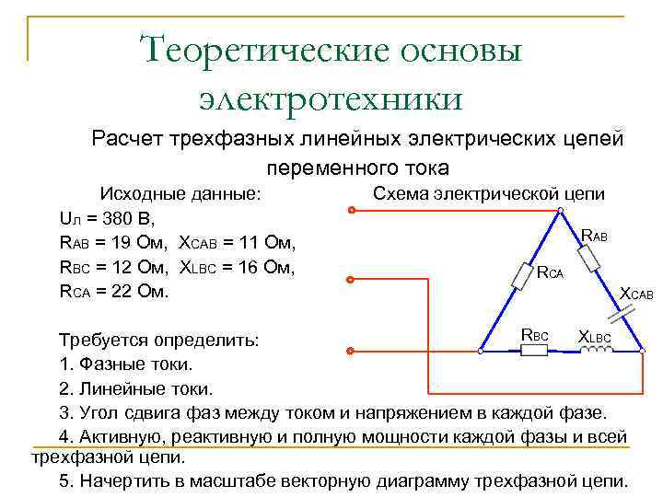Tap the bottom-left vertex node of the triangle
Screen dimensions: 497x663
click(x=480, y=351)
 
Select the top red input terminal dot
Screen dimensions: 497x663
click(x=351, y=211)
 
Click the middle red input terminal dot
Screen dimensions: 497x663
click(x=351, y=280)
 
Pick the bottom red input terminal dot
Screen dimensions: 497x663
click(x=351, y=351)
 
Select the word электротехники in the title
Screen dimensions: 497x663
click(x=331, y=95)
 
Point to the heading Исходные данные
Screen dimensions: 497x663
click(x=180, y=194)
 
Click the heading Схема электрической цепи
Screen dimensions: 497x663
click(x=488, y=193)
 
